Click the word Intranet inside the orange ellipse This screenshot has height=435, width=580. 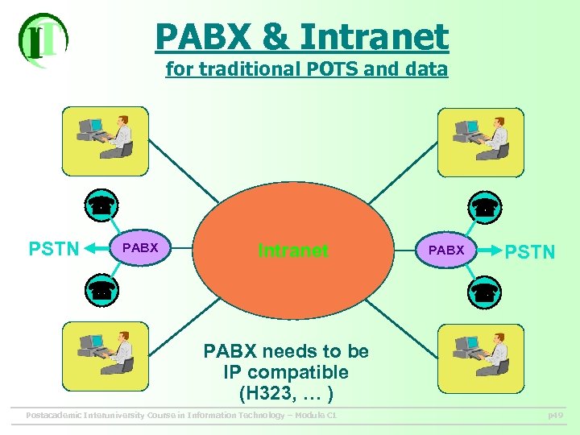click(x=292, y=251)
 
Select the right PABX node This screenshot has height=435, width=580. click(x=445, y=251)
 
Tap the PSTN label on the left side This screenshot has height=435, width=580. click(x=54, y=248)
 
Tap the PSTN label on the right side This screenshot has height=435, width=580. click(x=529, y=252)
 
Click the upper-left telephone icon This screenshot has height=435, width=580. click(x=101, y=205)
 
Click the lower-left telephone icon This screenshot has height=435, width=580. click(x=101, y=290)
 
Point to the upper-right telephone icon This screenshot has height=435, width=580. click(x=485, y=206)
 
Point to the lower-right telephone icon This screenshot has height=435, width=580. click(x=485, y=292)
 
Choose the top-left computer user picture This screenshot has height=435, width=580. click(x=106, y=141)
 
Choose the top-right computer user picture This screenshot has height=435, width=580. click(x=481, y=142)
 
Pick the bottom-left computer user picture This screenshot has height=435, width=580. click(x=106, y=356)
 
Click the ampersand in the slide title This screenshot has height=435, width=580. click(x=274, y=37)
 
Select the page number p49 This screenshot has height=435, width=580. click(x=555, y=416)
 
